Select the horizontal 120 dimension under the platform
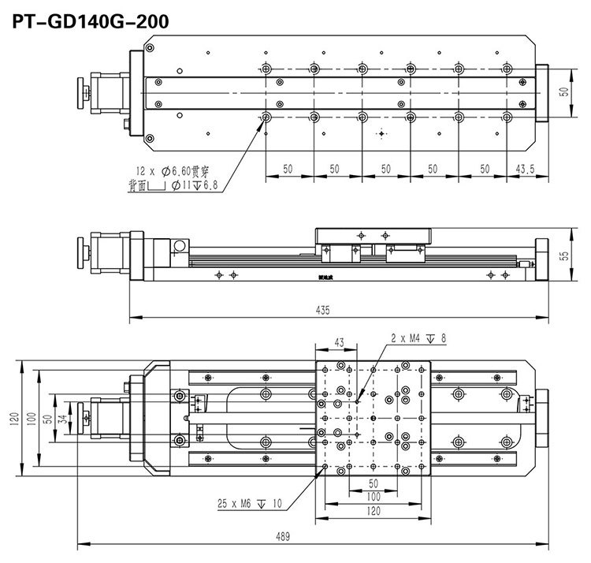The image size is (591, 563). point(374,511)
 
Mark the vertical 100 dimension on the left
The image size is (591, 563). point(32,416)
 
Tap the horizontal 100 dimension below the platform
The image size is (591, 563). point(374,497)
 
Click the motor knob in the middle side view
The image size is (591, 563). point(82,250)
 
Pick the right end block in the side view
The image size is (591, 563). point(543,259)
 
